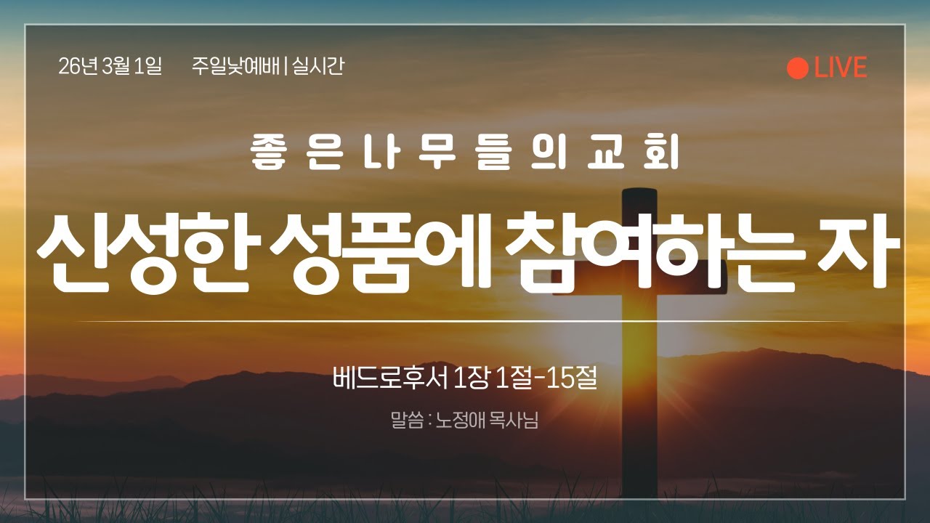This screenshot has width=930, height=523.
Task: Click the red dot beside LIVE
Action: coord(797,68)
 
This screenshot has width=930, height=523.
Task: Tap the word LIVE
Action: coord(841,68)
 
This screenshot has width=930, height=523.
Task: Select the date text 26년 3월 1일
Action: coord(110,67)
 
